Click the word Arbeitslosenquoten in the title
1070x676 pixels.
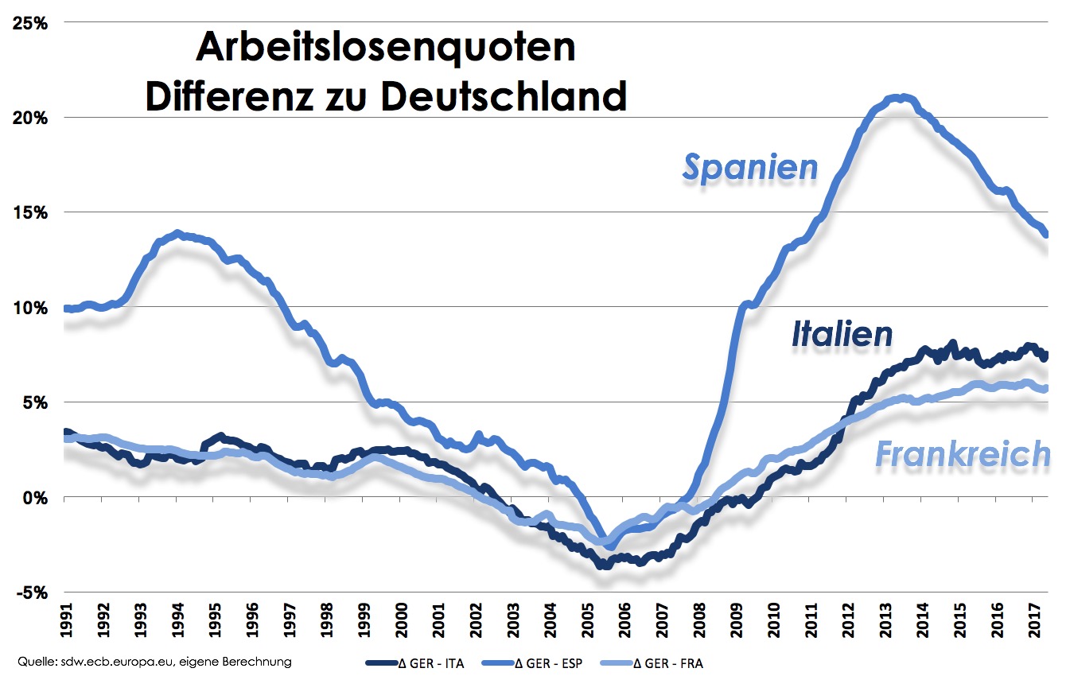[385, 49]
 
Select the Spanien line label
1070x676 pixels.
[750, 167]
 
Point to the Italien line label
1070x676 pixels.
[842, 334]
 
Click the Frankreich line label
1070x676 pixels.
[963, 454]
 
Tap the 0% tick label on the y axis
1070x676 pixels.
[36, 498]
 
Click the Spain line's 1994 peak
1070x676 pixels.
[177, 234]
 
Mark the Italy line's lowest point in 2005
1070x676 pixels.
[605, 565]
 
